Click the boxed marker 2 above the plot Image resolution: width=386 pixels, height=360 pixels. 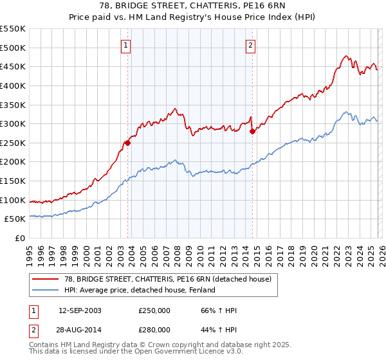click(250, 45)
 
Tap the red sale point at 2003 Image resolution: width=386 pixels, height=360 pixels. click(127, 143)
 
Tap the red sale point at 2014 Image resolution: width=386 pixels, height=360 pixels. click(252, 131)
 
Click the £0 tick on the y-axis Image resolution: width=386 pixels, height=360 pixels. click(19, 238)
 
